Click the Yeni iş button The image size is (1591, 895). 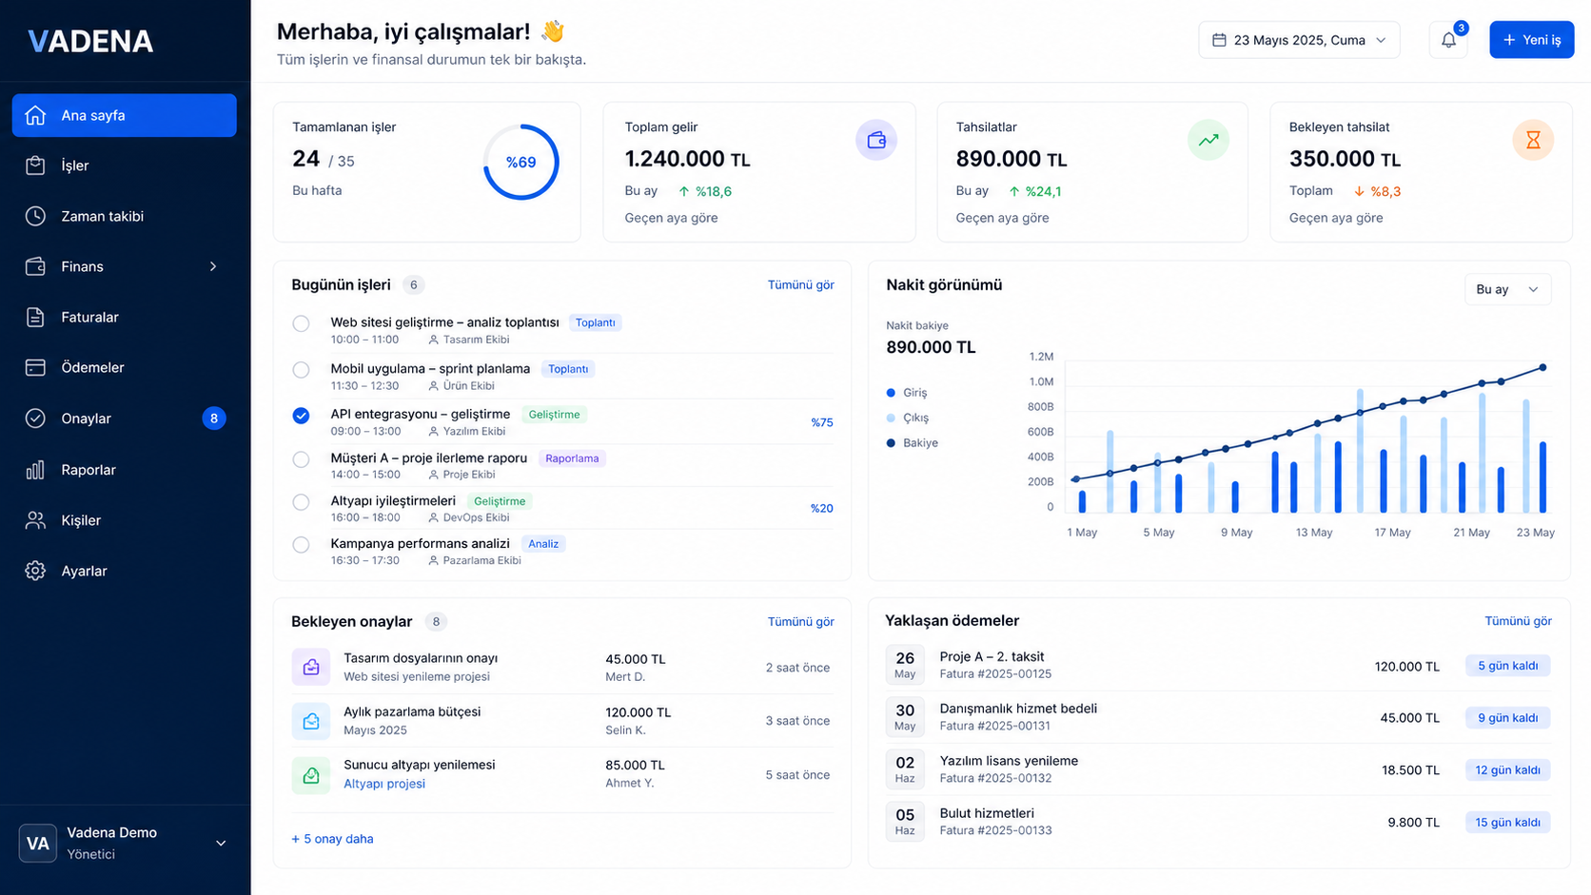coord(1531,40)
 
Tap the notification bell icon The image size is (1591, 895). coord(1448,41)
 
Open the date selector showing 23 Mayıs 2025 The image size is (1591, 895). coord(1299,40)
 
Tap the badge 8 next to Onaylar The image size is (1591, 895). coord(214,418)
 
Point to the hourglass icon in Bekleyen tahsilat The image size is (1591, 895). coord(1533,140)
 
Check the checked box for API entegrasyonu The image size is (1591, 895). coord(301,416)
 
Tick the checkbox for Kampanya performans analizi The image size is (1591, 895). coord(301,544)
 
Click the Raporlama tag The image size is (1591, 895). coord(572,458)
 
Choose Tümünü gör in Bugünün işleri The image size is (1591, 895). coord(800,284)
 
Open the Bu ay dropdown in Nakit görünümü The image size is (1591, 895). coord(1507,289)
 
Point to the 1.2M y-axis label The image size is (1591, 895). coord(1041,357)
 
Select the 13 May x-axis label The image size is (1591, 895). coord(1313,533)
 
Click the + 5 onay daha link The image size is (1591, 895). coord(332,839)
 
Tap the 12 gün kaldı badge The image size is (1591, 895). coord(1507,770)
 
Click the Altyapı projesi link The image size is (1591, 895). coord(384,784)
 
